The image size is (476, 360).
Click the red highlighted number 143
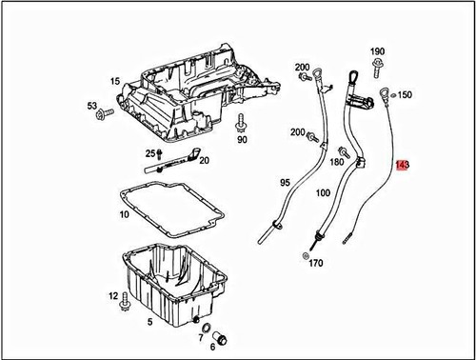click(403, 166)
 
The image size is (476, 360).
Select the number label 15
click(114, 82)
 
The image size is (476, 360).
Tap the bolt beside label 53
click(104, 114)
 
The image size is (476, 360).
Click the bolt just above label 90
click(241, 124)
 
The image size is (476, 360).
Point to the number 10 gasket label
click(124, 215)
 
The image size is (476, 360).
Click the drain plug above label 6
click(220, 339)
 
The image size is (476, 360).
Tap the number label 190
click(377, 50)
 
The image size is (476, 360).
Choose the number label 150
click(405, 95)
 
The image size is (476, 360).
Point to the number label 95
click(285, 182)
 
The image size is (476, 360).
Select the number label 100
click(323, 193)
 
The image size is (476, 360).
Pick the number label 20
click(204, 161)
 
